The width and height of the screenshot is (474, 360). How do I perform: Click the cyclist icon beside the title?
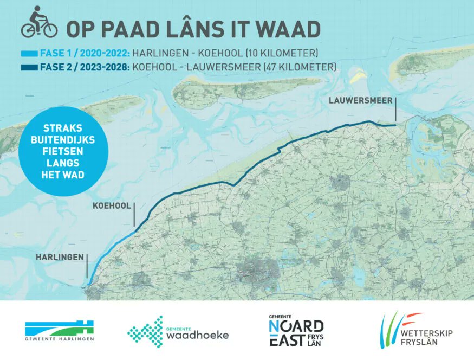tap(39, 23)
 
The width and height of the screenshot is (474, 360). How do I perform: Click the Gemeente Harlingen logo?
tap(60, 330)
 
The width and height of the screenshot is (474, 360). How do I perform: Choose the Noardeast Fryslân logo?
tap(296, 330)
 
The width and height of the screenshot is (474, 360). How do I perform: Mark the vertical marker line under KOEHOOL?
tap(134, 215)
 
